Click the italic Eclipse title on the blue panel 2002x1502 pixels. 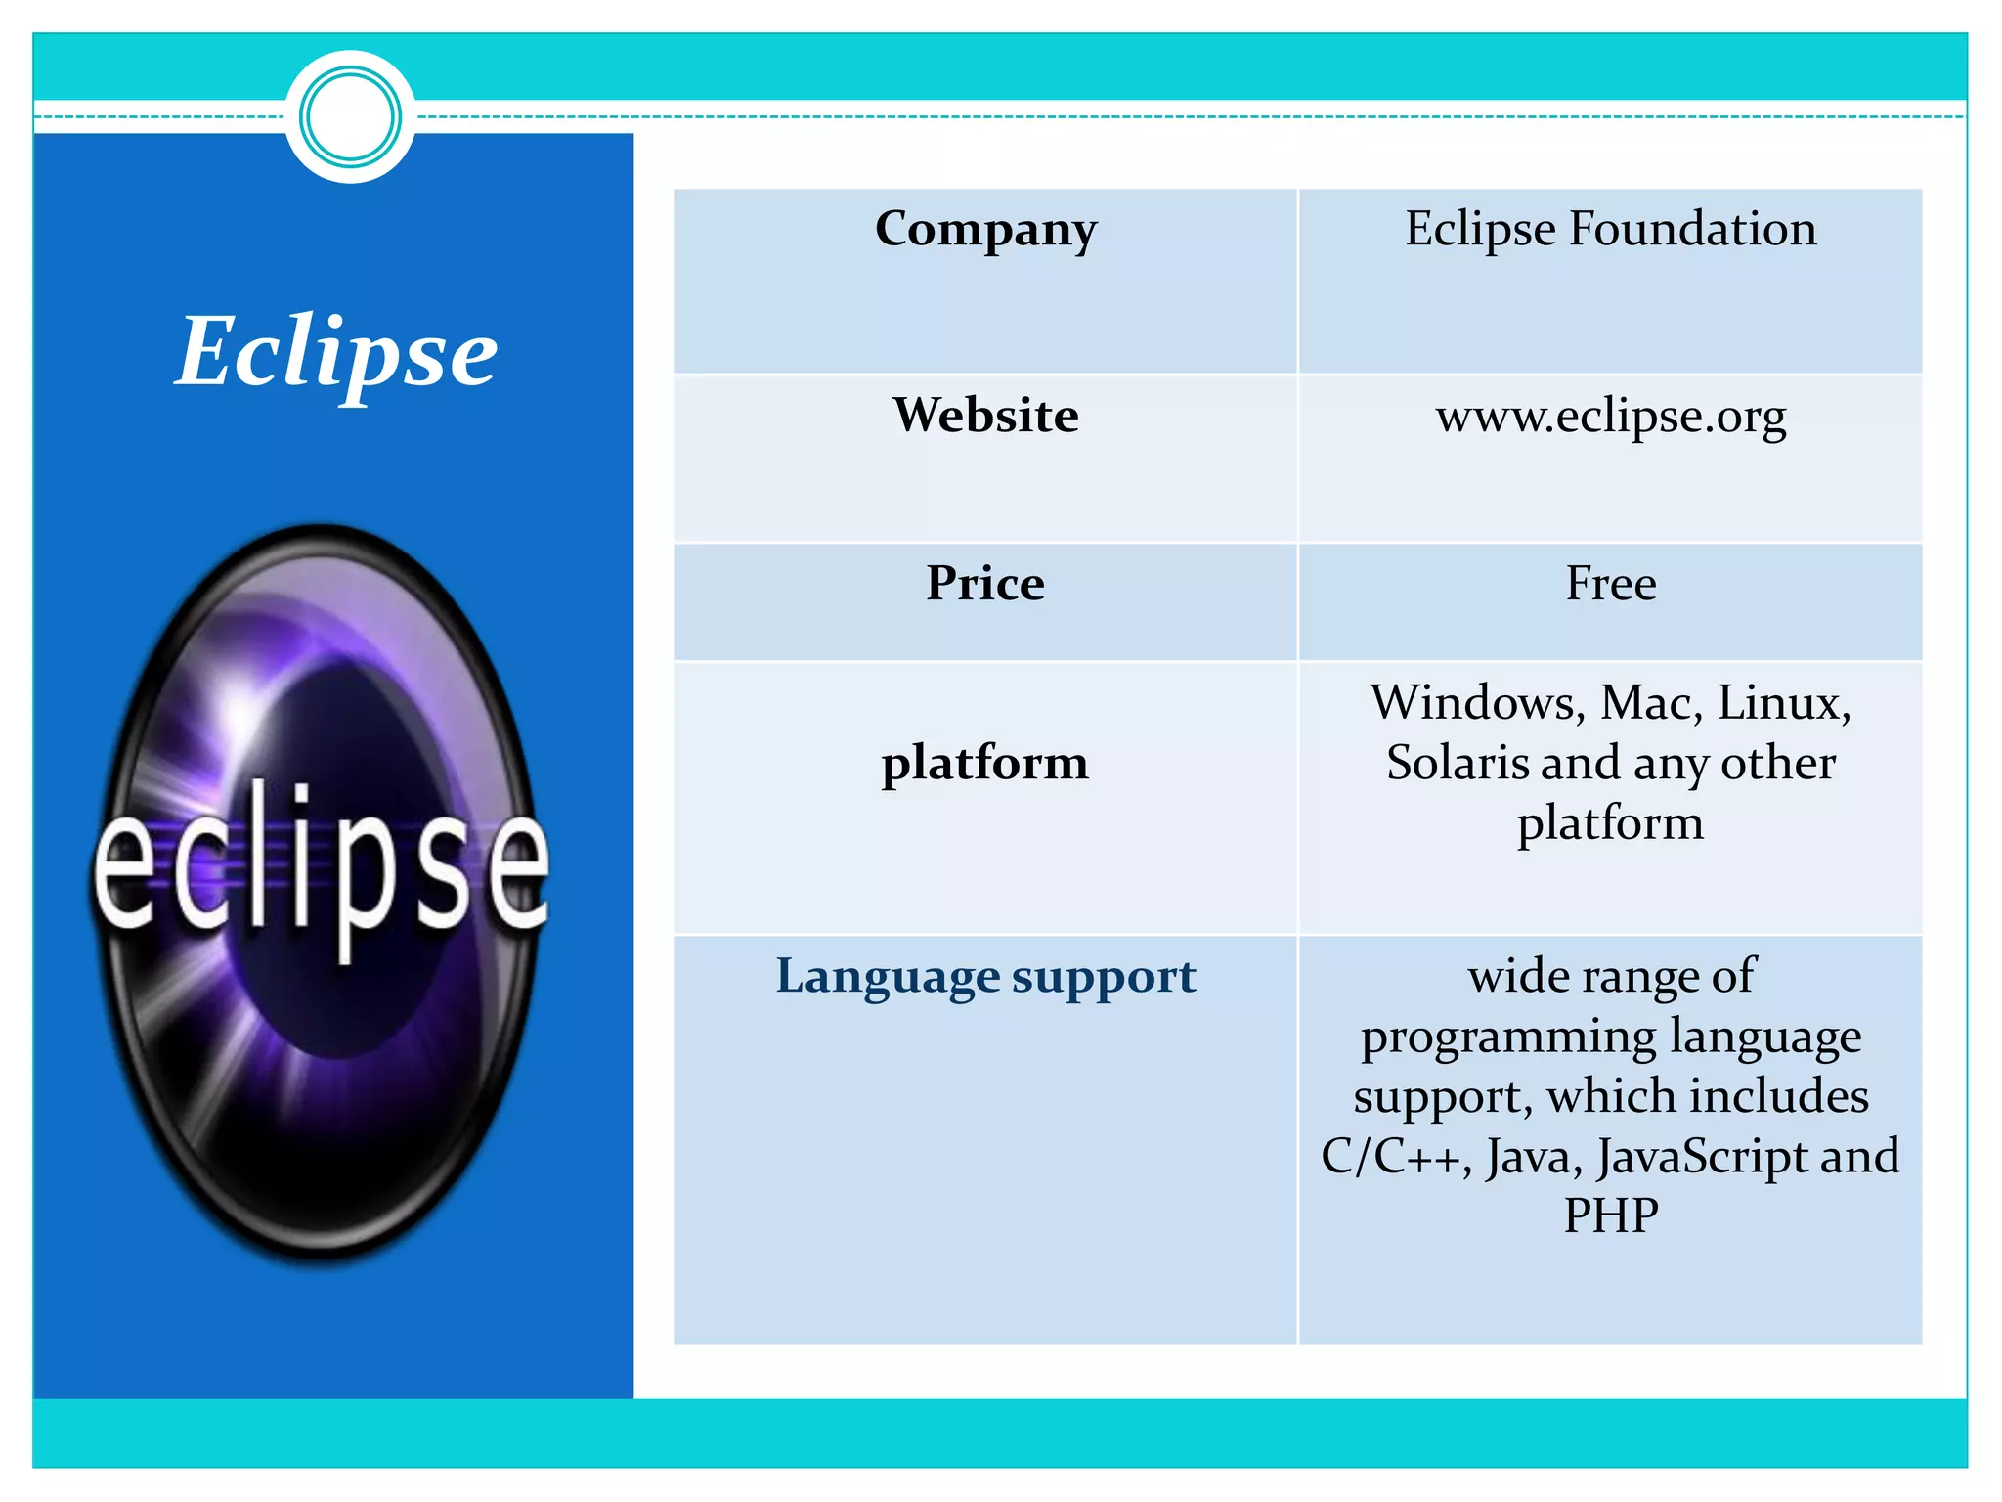[x=336, y=352]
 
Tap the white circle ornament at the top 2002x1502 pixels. [x=350, y=117]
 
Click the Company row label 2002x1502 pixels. [x=985, y=230]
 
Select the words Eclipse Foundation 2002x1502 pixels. [x=1610, y=230]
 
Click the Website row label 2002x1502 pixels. [x=985, y=415]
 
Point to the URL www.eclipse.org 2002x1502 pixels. [x=1610, y=417]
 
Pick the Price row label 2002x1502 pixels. [x=985, y=583]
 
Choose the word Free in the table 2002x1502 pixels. [x=1610, y=583]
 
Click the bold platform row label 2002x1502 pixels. [x=985, y=764]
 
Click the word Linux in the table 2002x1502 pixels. [x=1783, y=703]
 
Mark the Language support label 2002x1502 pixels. [x=985, y=977]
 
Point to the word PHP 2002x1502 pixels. [x=1610, y=1215]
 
